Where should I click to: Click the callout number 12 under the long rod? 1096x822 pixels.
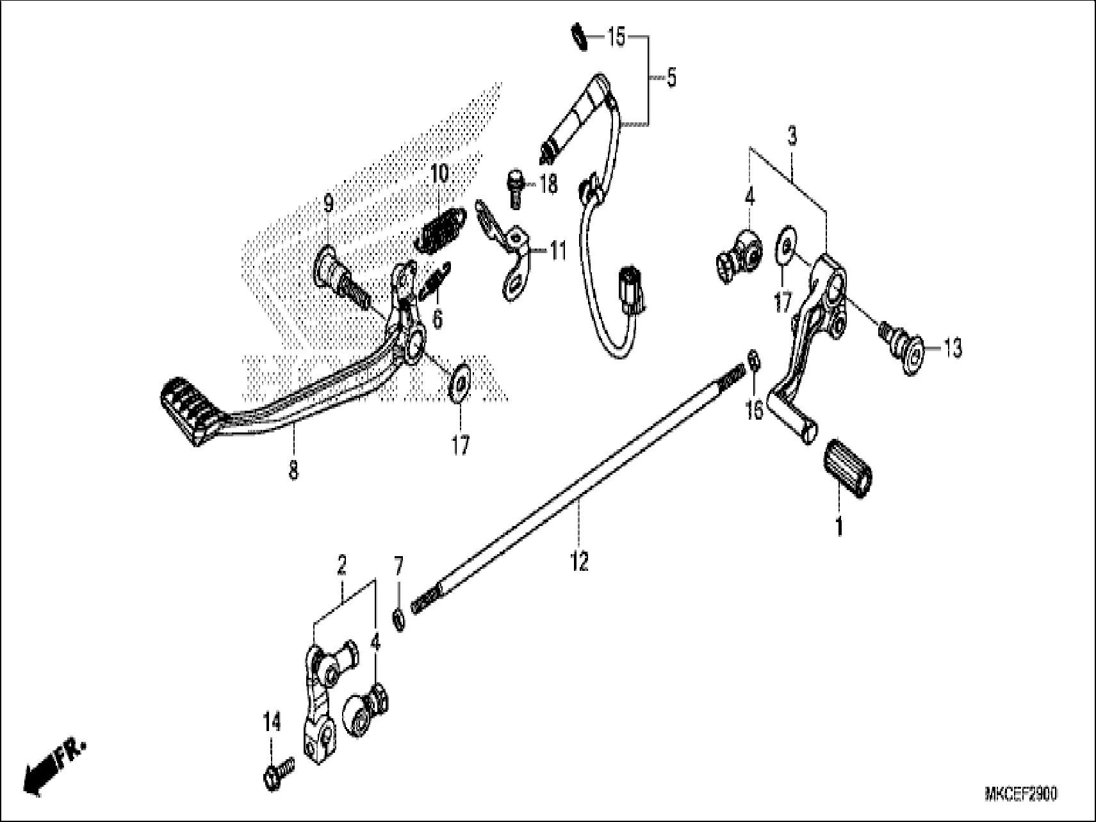[579, 562]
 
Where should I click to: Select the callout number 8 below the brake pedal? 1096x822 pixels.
[293, 472]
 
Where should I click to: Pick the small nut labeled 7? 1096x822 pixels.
[398, 619]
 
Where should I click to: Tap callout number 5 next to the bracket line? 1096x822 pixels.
[671, 78]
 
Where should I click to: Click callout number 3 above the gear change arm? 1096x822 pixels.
[792, 136]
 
